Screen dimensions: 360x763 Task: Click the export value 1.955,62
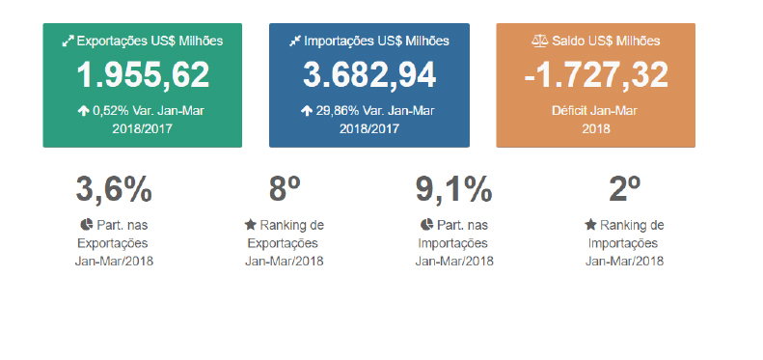pyautogui.click(x=143, y=74)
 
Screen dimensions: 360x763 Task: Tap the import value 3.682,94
pyautogui.click(x=369, y=74)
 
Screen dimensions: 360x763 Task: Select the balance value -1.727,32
pyautogui.click(x=596, y=74)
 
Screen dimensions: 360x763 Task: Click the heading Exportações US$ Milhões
pyautogui.click(x=150, y=41)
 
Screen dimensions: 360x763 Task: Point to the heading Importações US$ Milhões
pyautogui.click(x=376, y=41)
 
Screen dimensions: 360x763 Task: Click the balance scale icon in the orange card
pyautogui.click(x=539, y=41)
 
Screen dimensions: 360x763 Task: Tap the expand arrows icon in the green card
pyautogui.click(x=68, y=41)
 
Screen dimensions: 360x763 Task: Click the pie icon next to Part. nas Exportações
pyautogui.click(x=86, y=225)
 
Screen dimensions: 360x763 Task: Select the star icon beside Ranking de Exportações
pyautogui.click(x=251, y=225)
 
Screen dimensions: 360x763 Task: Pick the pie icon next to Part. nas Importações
pyautogui.click(x=426, y=225)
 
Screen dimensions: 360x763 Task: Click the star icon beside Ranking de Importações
pyautogui.click(x=591, y=225)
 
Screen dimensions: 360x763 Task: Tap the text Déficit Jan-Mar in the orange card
pyautogui.click(x=596, y=110)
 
